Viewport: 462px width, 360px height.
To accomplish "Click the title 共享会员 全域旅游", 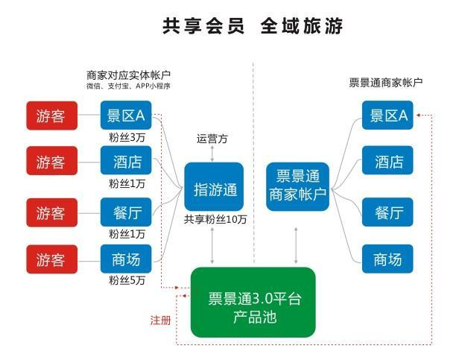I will pos(253,26).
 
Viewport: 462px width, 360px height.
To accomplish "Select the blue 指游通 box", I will pos(214,189).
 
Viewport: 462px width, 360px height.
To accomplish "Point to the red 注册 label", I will pos(160,320).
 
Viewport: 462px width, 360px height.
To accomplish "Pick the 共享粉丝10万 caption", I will pos(215,221).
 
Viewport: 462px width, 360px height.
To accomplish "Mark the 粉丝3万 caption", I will pos(127,137).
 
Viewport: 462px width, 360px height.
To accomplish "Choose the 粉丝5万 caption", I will pos(127,280).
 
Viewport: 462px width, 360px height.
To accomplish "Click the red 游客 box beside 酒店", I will pos(51,162).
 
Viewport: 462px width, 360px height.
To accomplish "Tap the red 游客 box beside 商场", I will pos(51,259).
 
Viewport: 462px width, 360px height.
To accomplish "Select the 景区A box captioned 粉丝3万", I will pos(127,116).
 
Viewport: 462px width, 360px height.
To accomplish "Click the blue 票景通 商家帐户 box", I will pos(297,186).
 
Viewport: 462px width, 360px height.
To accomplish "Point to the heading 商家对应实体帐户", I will pos(129,75).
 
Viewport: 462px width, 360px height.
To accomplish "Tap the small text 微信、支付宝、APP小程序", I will pos(128,86).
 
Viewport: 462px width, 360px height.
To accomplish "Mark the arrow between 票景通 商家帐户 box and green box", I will pos(297,241).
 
